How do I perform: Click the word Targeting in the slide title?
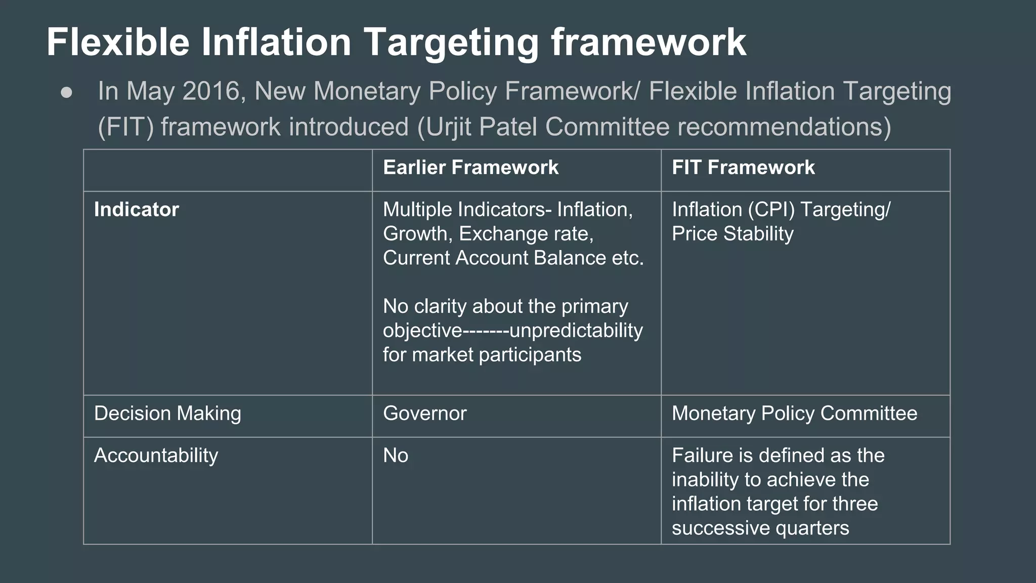coord(451,43)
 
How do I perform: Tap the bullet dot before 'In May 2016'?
coord(66,93)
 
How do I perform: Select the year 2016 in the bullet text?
coord(210,92)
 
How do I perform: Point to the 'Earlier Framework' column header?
coord(470,168)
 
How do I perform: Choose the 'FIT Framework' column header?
coord(743,168)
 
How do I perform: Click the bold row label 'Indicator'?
coord(137,210)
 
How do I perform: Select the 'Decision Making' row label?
coord(167,413)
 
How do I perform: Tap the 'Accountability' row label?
coord(156,455)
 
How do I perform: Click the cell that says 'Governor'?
coord(424,413)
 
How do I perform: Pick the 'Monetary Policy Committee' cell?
coord(794,413)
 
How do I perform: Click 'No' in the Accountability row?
coord(396,455)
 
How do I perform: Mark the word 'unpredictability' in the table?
coord(576,330)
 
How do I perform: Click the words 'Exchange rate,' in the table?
coord(526,234)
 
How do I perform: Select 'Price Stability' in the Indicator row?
coord(732,234)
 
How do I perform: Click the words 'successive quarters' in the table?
coord(760,528)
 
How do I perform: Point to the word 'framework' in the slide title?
coord(649,43)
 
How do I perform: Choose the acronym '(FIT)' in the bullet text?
coord(125,127)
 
